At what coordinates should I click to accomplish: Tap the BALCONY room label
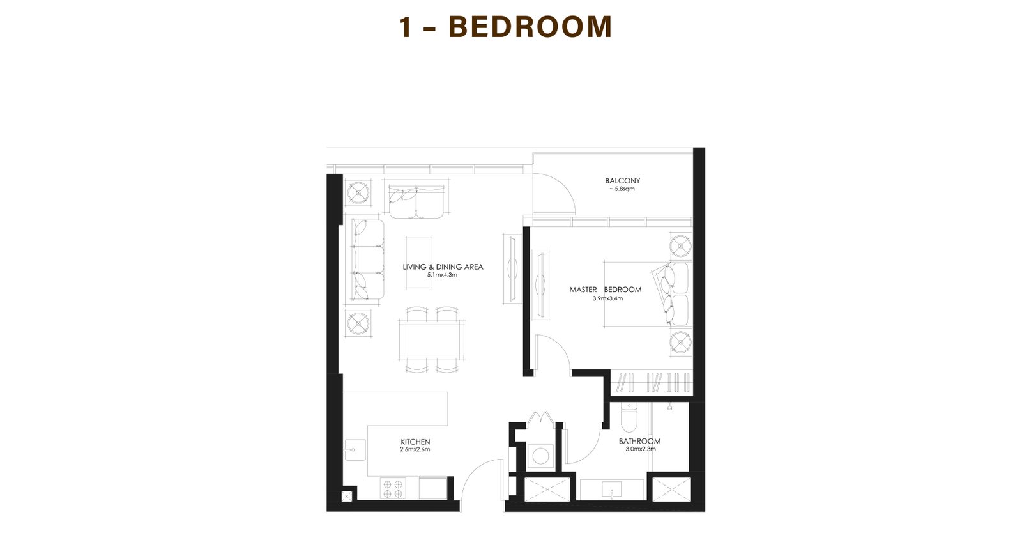tap(622, 181)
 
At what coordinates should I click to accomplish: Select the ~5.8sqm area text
tap(622, 189)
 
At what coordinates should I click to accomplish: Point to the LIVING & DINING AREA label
tap(443, 267)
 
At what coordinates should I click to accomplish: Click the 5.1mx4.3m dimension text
tap(442, 275)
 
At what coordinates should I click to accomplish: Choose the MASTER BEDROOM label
tap(606, 290)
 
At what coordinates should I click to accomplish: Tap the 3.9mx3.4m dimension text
tap(607, 299)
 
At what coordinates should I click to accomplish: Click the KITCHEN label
tap(415, 442)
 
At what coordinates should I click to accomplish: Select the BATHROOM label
tap(639, 441)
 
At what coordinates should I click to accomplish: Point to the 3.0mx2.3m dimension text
tap(641, 449)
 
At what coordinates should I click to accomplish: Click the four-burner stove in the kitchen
tap(393, 488)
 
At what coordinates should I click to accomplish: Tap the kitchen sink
tap(355, 450)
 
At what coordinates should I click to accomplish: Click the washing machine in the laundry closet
tap(540, 456)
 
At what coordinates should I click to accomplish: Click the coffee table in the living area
tap(419, 263)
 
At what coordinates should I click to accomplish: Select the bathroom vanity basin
tap(611, 489)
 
